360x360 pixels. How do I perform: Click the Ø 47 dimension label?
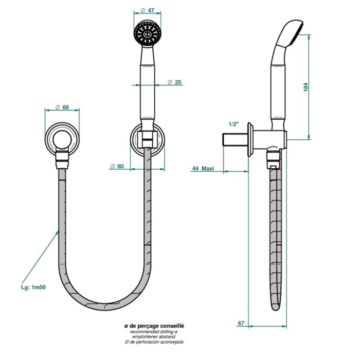[x=147, y=10]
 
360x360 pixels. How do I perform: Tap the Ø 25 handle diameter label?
[x=174, y=82]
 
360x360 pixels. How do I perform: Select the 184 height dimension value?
[x=305, y=87]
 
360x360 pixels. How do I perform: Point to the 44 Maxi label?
[x=203, y=169]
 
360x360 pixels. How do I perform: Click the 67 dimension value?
[x=241, y=323]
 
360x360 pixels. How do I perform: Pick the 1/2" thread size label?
[x=234, y=124]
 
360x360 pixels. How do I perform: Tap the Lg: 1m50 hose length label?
[x=33, y=287]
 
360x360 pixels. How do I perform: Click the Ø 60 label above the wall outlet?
[x=62, y=107]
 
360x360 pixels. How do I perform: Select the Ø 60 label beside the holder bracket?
[x=117, y=166]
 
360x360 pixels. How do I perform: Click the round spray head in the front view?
[x=147, y=34]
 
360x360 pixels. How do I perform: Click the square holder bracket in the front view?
[x=147, y=139]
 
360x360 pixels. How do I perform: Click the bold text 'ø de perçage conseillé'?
[x=154, y=326]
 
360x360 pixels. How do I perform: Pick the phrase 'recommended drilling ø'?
[x=154, y=332]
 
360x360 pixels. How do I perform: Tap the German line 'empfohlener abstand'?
[x=154, y=337]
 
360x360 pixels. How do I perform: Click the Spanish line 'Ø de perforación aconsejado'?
[x=154, y=342]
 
